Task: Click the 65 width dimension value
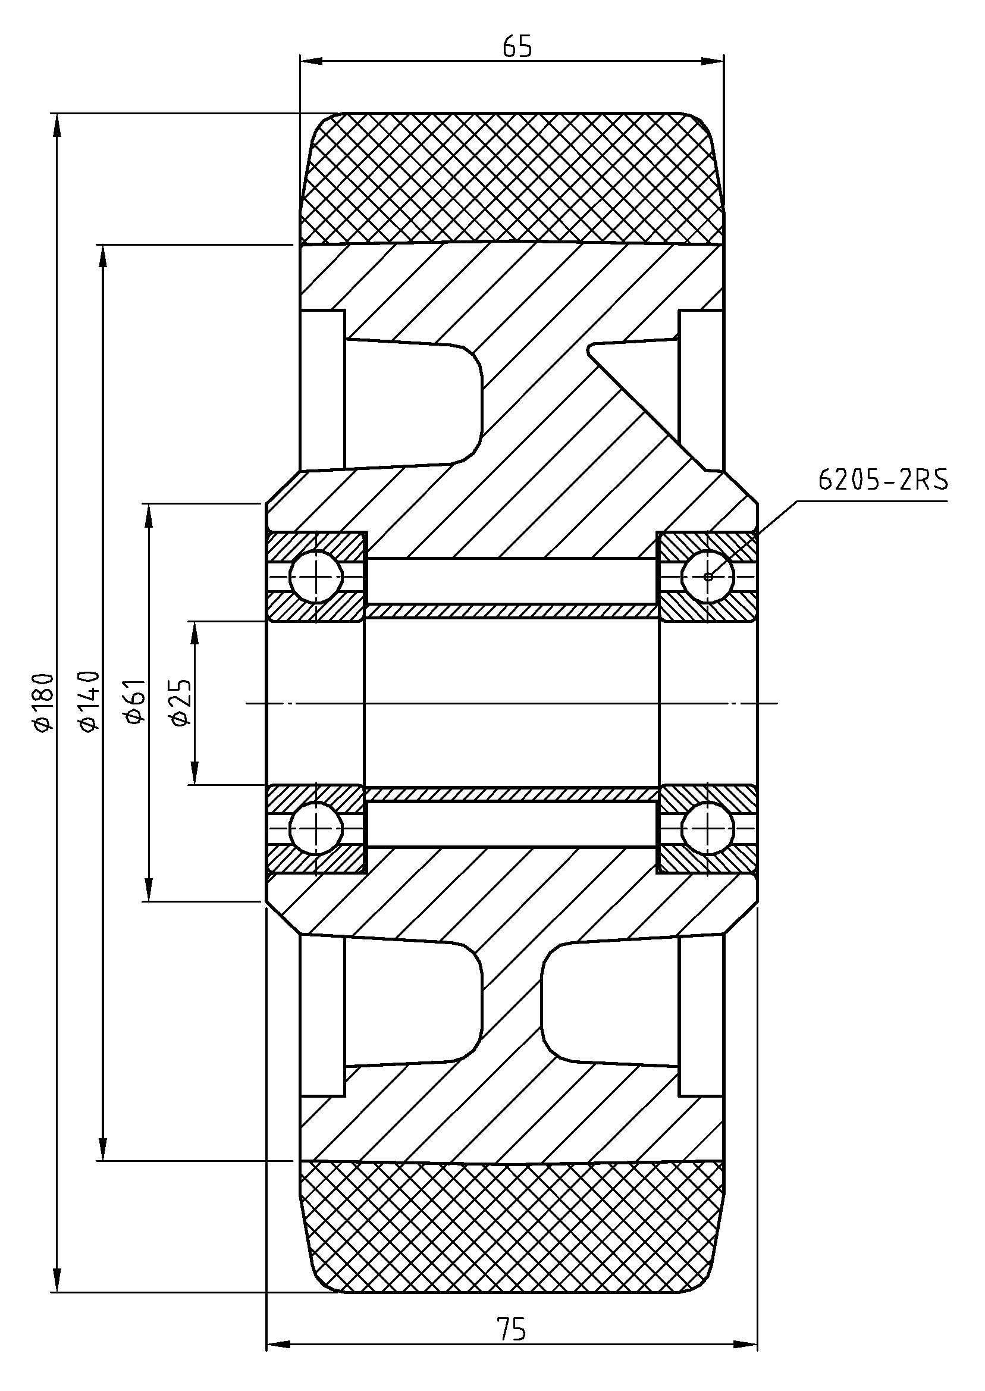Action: click(x=517, y=47)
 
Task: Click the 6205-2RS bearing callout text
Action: click(x=883, y=481)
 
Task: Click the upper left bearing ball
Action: click(x=315, y=576)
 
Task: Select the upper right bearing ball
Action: click(x=708, y=576)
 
